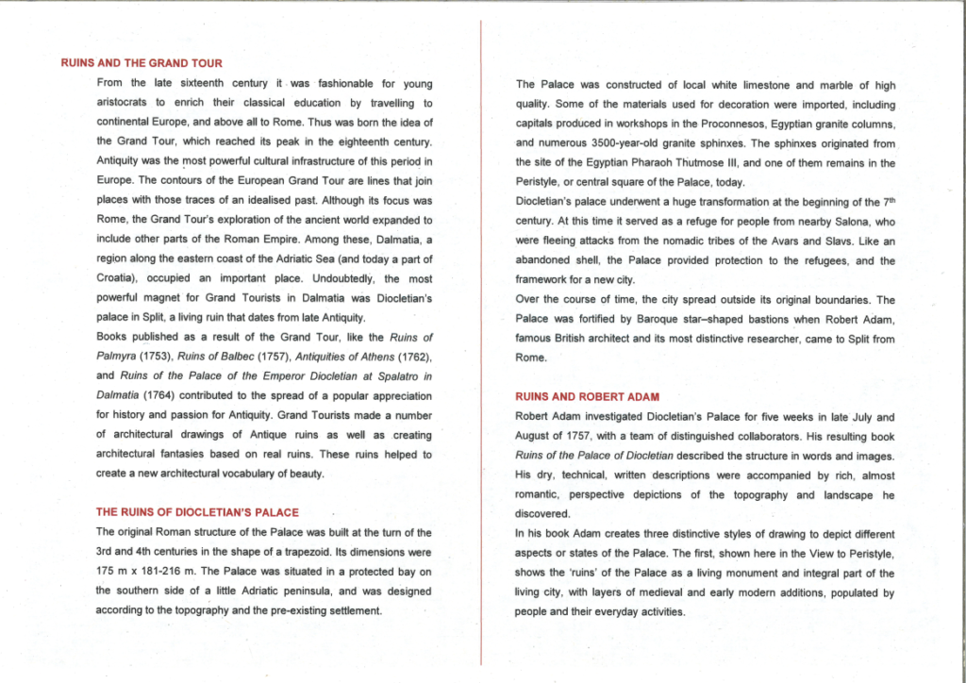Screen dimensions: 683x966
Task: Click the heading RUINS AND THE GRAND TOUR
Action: tap(142, 63)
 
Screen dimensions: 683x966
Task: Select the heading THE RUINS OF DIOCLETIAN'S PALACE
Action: tap(197, 512)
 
